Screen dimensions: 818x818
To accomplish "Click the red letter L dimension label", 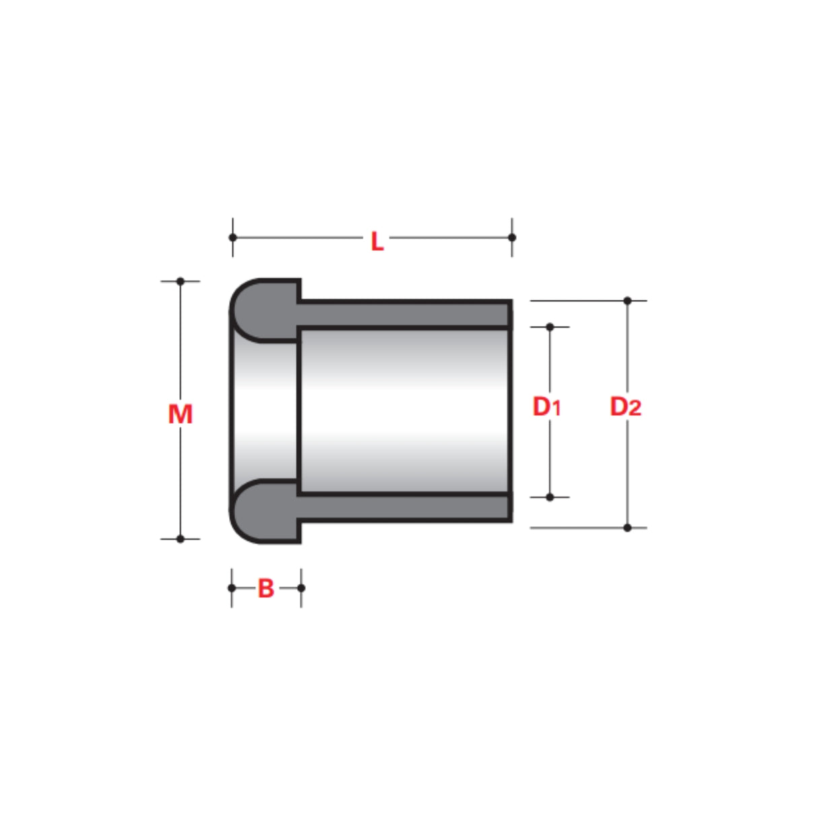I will [377, 241].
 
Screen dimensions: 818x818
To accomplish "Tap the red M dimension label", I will [180, 414].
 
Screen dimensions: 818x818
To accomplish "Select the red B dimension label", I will [266, 588].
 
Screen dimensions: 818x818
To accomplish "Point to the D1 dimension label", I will [546, 407].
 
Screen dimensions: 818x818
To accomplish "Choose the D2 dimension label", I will [625, 407].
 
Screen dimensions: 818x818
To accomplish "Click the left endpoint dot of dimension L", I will [233, 237].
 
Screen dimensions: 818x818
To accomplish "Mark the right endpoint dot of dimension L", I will [512, 237].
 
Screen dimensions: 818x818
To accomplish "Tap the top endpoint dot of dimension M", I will [180, 281].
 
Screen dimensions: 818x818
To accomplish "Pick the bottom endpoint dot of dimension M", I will [180, 539].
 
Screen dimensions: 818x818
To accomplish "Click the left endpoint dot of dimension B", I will [232, 588].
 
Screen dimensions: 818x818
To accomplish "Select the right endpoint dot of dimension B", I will [301, 588].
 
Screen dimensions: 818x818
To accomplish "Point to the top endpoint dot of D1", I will [550, 327].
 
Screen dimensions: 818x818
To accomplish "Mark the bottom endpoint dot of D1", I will [550, 497].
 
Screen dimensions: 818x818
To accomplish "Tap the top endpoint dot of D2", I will [627, 301].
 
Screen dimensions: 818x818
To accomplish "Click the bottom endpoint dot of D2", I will [627, 528].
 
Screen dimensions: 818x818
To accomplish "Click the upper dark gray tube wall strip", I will [404, 314].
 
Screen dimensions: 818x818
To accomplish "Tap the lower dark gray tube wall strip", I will [404, 507].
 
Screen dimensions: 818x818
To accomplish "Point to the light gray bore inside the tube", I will [404, 411].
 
